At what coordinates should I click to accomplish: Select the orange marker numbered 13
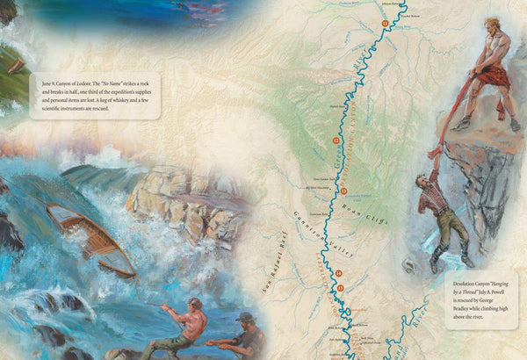tap(343, 191)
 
